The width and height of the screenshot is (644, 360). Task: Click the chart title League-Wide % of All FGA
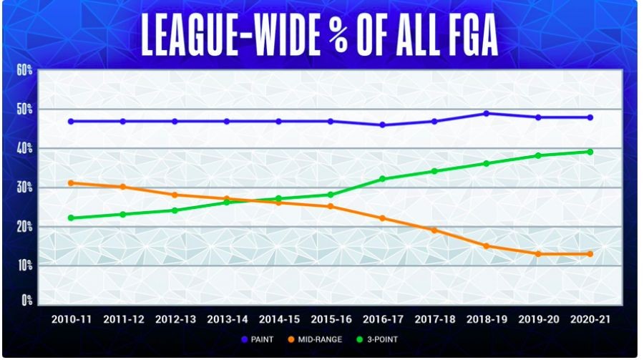tap(320, 34)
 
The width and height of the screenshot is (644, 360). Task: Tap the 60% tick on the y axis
tap(26, 70)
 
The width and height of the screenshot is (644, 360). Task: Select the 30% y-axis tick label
tap(26, 188)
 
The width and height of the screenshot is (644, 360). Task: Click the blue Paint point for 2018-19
tap(487, 113)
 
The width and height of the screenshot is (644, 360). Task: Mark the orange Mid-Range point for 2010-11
tap(71, 183)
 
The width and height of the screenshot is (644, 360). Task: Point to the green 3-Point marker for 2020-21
tap(590, 152)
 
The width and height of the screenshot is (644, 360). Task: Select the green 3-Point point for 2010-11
tap(71, 218)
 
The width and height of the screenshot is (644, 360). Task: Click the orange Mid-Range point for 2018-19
tap(487, 246)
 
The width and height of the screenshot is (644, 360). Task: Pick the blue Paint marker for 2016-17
tap(383, 125)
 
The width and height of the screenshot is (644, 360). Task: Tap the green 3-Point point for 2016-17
tap(383, 179)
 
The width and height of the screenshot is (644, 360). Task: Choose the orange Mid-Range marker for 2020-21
tap(590, 254)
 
